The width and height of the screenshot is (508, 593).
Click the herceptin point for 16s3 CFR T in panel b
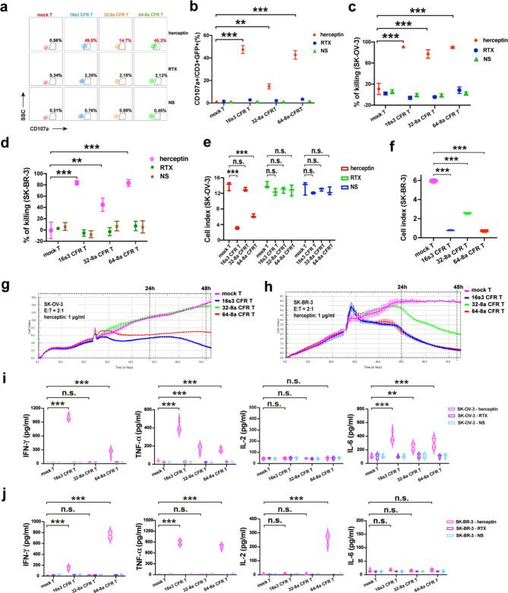point(243,49)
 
